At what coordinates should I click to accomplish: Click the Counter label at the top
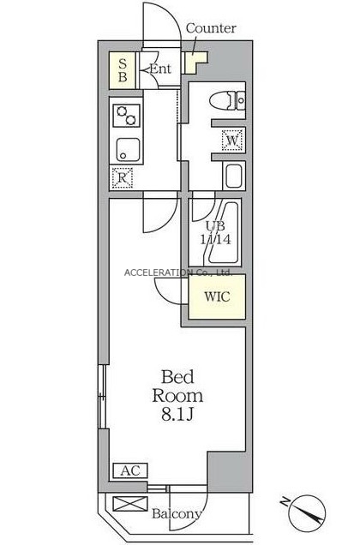click(x=211, y=28)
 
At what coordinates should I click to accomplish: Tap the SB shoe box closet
click(x=122, y=70)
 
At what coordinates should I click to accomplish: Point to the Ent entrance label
click(x=160, y=69)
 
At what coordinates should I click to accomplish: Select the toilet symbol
click(x=227, y=100)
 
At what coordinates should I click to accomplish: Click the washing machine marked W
click(x=232, y=141)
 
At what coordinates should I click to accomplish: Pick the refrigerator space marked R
click(x=122, y=178)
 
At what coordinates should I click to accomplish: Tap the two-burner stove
click(x=126, y=116)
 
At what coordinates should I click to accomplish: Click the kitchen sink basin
click(x=128, y=150)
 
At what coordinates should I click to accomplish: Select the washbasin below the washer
click(x=235, y=176)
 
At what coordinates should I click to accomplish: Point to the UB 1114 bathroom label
click(x=215, y=232)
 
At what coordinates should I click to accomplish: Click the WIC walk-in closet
click(x=217, y=296)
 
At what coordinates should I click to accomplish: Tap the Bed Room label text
click(x=177, y=386)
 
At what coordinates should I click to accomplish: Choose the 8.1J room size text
click(x=177, y=414)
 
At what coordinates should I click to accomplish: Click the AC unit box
click(x=131, y=470)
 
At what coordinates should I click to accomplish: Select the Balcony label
click(x=177, y=513)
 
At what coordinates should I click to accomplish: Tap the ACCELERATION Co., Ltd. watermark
click(x=178, y=272)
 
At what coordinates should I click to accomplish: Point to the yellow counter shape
click(x=195, y=62)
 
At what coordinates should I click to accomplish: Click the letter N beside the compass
click(x=285, y=501)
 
